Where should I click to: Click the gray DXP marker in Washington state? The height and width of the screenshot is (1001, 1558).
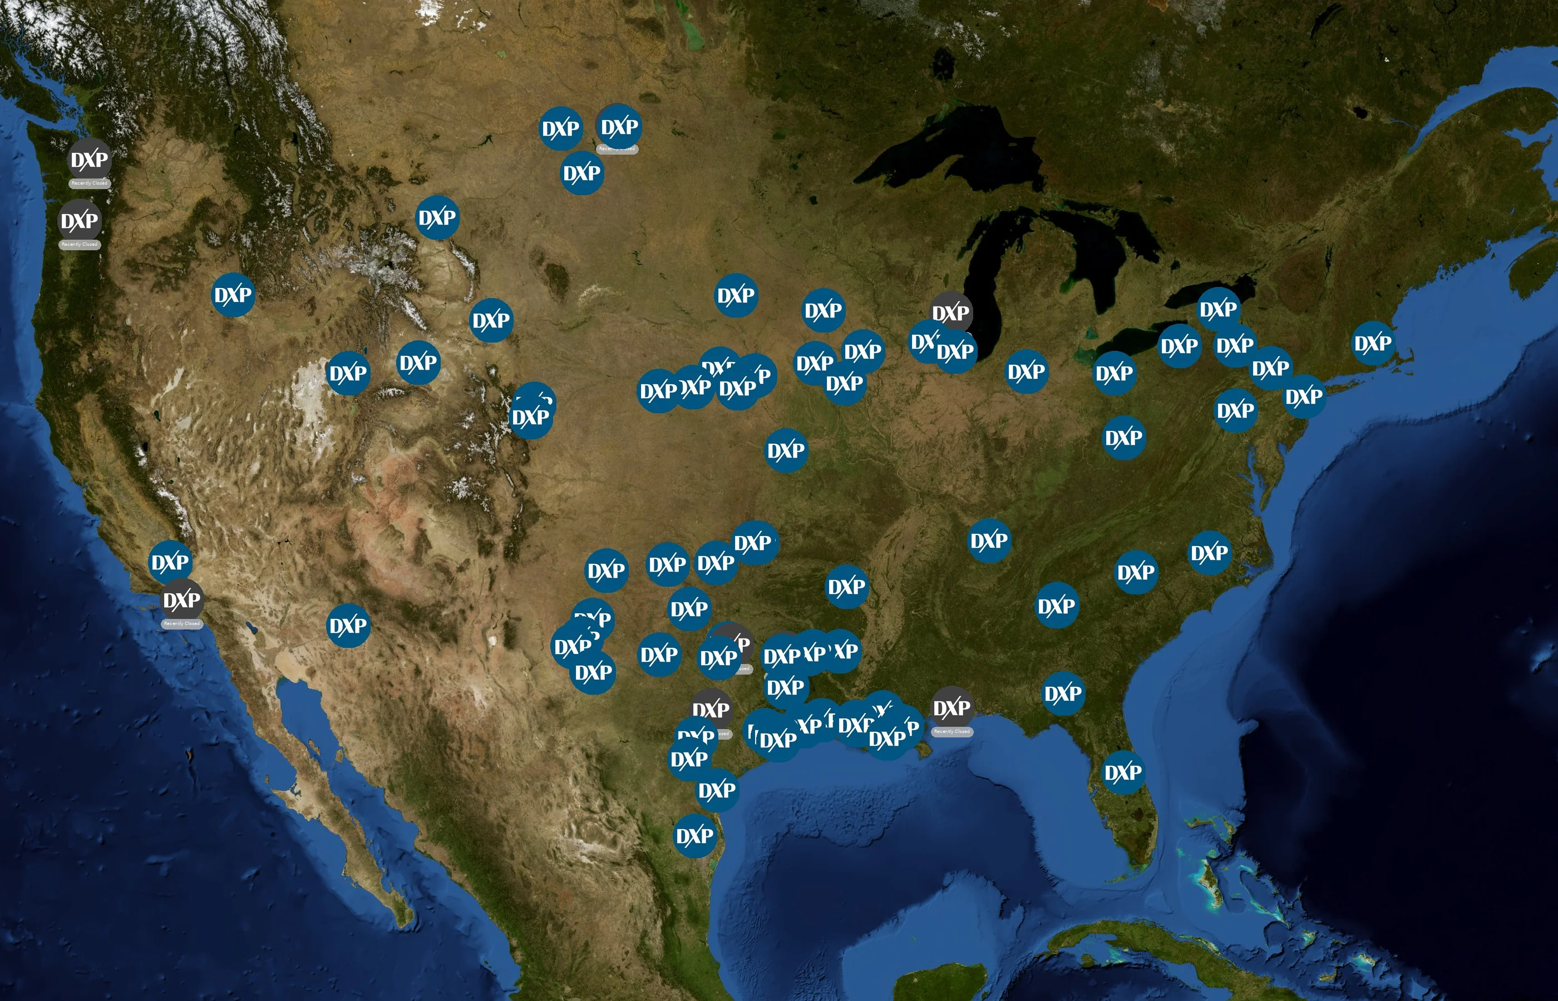[89, 159]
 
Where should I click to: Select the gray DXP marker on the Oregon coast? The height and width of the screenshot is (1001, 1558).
[80, 220]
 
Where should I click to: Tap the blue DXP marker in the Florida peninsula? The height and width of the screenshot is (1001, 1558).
[1123, 772]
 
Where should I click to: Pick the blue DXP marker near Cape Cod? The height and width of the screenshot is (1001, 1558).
[1373, 343]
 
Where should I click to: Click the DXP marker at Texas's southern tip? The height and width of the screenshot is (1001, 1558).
[694, 835]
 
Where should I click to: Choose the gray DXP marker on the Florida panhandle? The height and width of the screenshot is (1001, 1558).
[952, 707]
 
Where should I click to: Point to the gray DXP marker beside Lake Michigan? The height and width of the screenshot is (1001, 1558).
[951, 313]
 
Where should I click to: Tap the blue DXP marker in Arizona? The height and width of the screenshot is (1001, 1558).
[348, 625]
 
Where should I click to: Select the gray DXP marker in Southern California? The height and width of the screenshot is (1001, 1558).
[181, 599]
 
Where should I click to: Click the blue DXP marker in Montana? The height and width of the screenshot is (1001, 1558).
[437, 217]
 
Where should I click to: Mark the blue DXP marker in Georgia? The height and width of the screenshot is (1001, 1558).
[1056, 606]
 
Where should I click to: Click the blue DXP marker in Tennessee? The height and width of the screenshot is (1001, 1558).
[989, 540]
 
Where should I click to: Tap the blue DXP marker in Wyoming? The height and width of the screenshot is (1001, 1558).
[491, 320]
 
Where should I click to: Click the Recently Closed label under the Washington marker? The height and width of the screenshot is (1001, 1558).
[90, 184]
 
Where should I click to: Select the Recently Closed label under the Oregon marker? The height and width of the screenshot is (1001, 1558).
[80, 244]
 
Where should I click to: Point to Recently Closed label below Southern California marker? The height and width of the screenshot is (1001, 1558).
[181, 623]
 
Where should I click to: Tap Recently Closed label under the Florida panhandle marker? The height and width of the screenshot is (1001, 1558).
[952, 731]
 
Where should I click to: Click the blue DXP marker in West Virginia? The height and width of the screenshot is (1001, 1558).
[1123, 438]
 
